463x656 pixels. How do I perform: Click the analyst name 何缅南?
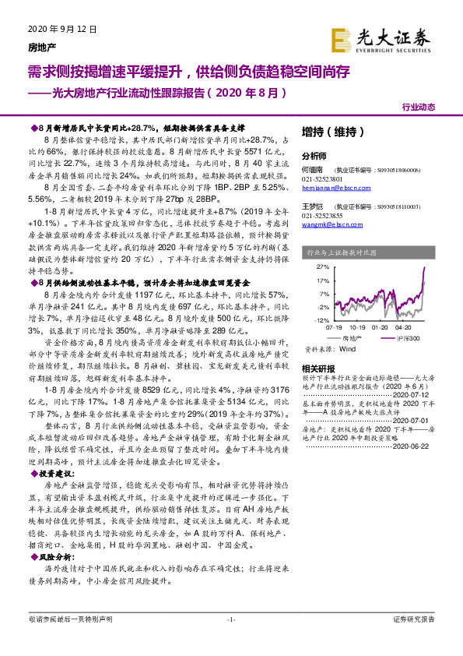tap(314, 168)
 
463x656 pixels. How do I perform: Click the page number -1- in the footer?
tap(230, 640)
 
